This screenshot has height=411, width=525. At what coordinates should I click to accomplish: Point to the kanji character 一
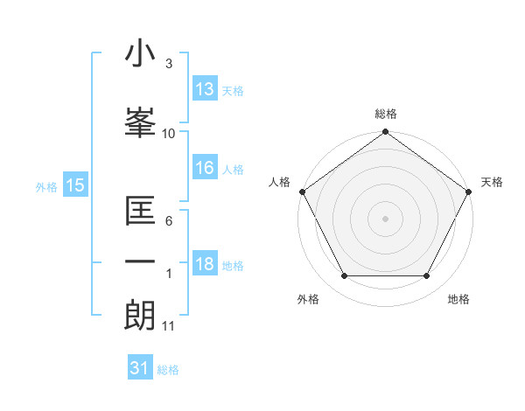[x=140, y=262]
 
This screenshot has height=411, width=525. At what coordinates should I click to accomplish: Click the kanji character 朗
[x=140, y=315]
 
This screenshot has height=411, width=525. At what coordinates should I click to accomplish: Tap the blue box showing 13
[x=205, y=89]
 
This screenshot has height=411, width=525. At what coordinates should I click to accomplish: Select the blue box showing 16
[x=205, y=169]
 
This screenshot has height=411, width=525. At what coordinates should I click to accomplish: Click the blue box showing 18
[x=205, y=265]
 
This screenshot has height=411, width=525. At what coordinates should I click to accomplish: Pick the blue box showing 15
[x=74, y=185]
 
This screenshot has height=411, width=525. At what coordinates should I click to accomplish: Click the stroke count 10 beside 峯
[x=169, y=133]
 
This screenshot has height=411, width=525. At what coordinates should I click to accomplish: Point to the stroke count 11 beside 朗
[x=169, y=326]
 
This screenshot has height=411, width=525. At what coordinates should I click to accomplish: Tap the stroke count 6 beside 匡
[x=169, y=220]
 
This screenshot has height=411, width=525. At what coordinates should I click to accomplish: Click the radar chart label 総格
[x=386, y=114]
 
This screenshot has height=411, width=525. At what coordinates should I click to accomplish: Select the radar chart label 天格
[x=492, y=182]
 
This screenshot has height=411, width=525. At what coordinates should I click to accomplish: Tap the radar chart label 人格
[x=279, y=182]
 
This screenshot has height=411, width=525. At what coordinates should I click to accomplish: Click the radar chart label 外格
[x=308, y=299]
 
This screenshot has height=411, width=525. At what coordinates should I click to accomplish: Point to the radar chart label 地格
[x=458, y=299]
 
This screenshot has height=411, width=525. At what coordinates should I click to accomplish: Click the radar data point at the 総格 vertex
[x=386, y=133]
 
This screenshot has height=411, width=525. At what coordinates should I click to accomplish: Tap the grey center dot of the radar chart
[x=386, y=218]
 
